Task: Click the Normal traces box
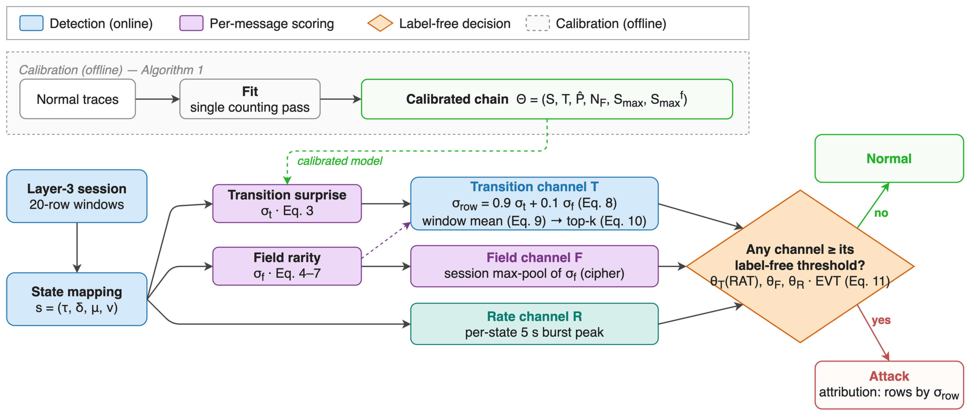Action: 77,99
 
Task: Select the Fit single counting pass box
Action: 250,99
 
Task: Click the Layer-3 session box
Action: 77,196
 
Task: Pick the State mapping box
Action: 77,299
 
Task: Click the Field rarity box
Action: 287,266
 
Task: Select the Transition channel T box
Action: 534,204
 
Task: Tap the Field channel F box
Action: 534,266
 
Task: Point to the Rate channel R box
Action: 534,324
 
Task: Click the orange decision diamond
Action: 800,266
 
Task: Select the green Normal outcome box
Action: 889,158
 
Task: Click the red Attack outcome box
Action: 889,385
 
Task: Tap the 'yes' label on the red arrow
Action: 881,320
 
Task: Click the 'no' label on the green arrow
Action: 881,213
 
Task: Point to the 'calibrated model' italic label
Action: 340,161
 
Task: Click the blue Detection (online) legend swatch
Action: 31,23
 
